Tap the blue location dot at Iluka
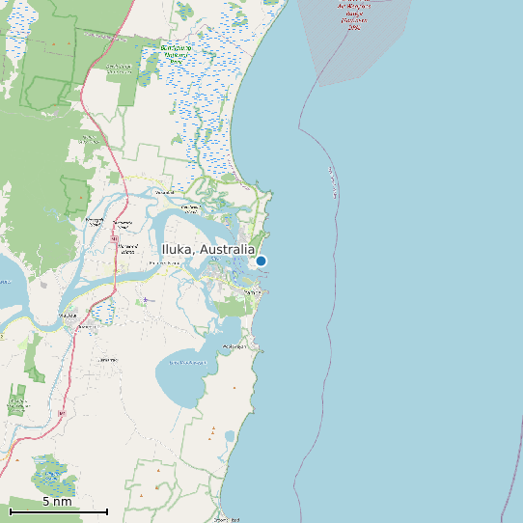pos(261,261)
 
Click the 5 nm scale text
pos(57,502)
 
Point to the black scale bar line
pos(58,511)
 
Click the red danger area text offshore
pos(352,14)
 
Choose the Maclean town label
pos(68,316)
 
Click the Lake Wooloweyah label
pos(187,362)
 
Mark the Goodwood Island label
pos(190,207)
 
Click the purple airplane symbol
pos(147,300)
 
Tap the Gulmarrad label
pos(107,359)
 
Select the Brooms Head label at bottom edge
pos(228,519)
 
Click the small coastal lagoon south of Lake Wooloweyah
pos(230,436)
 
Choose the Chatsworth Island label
pos(95,222)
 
